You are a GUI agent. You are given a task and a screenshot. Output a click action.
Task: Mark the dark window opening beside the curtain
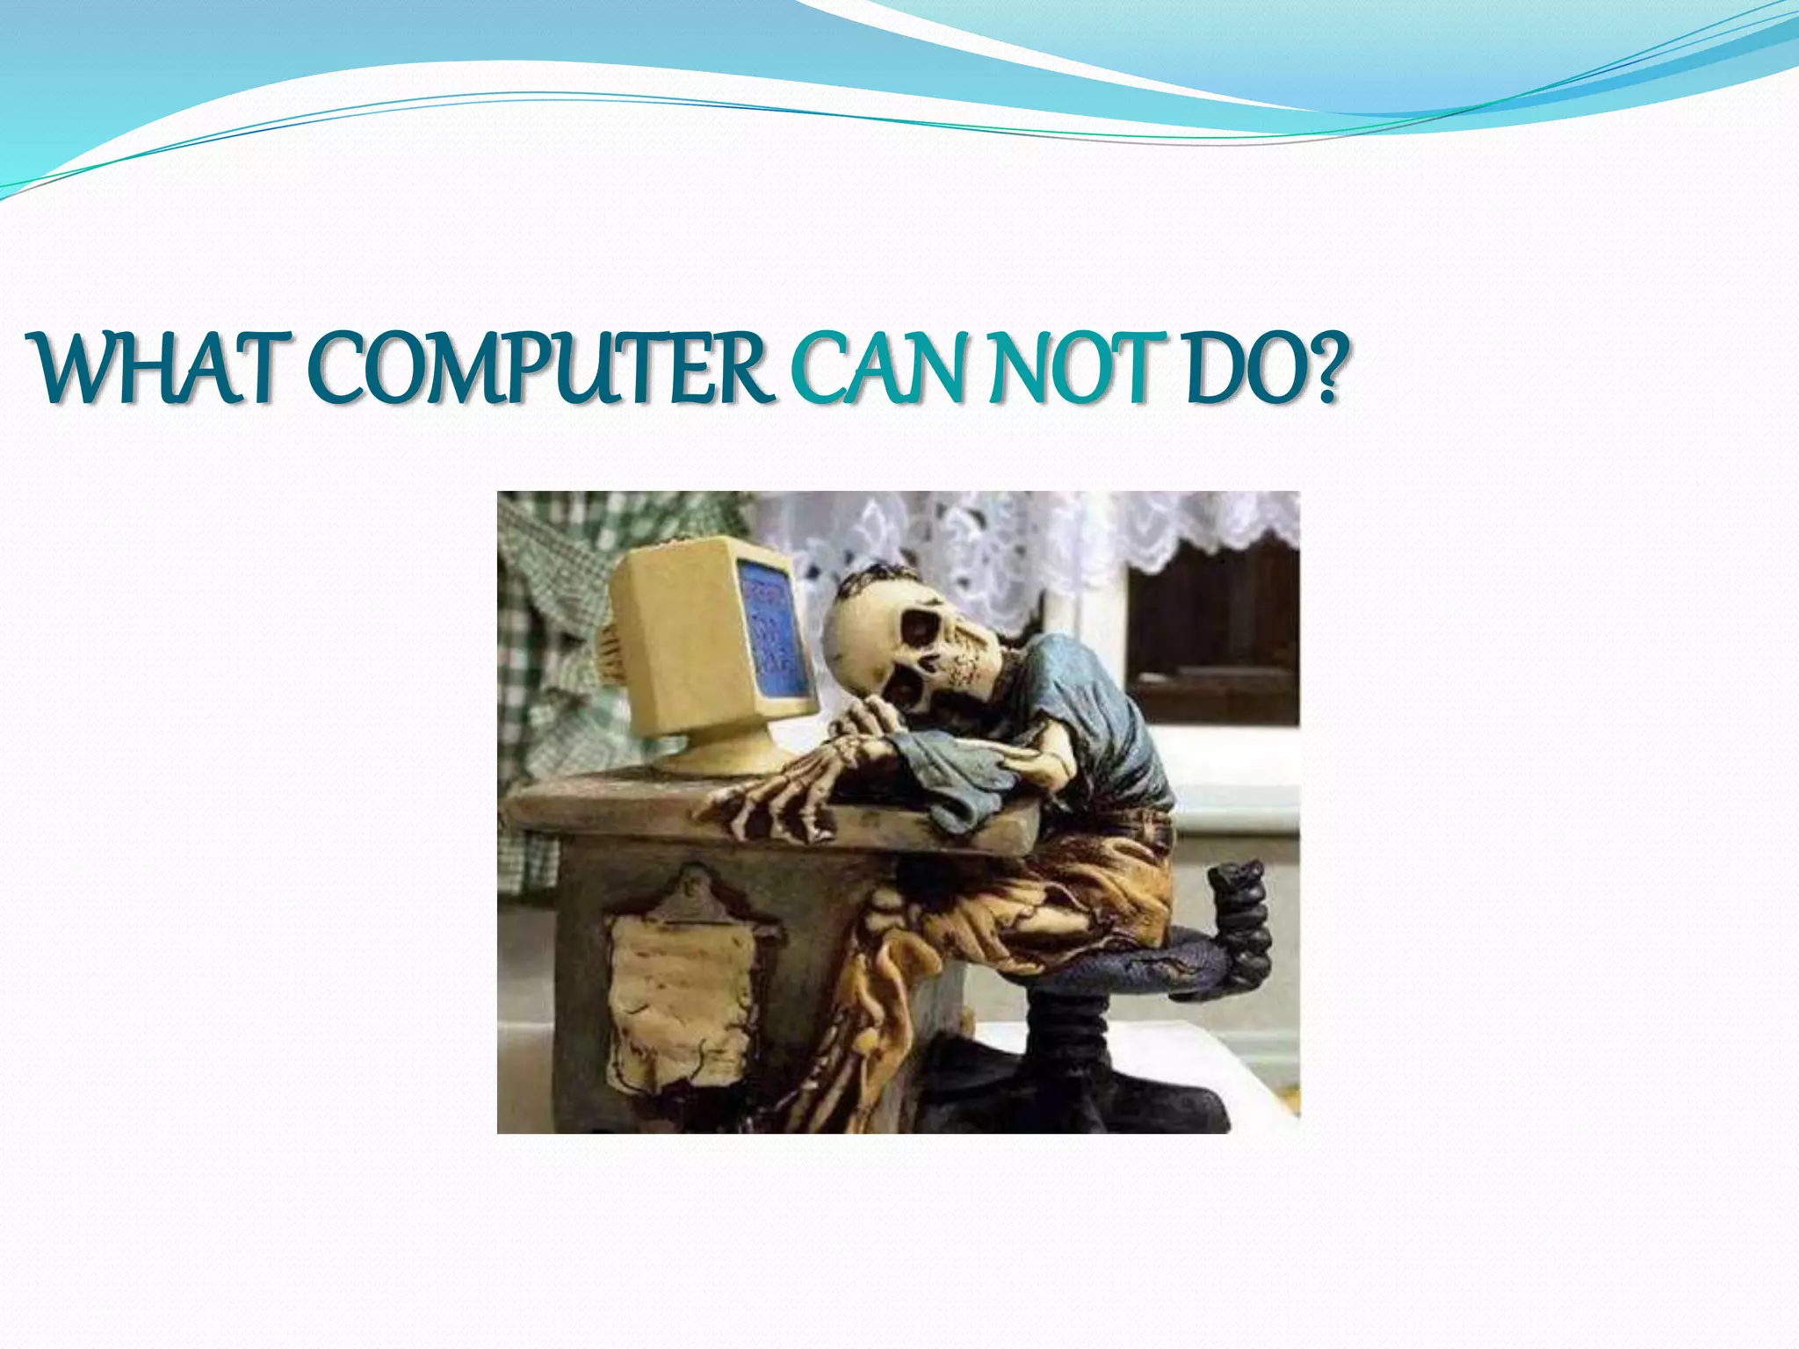[1212, 632]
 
